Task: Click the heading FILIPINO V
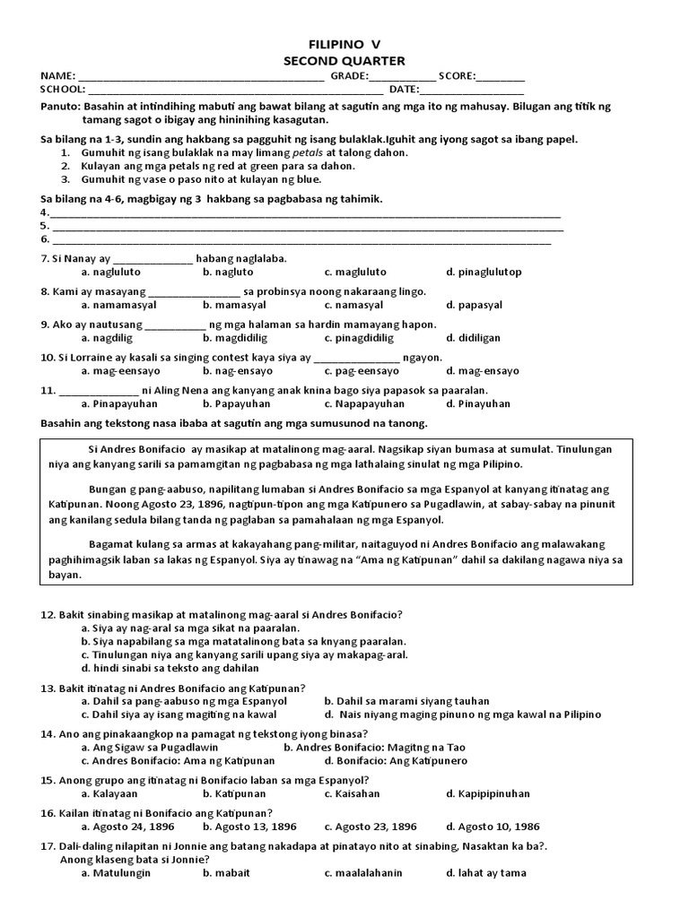click(344, 44)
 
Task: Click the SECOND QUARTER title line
click(344, 60)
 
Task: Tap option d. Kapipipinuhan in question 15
click(488, 793)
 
